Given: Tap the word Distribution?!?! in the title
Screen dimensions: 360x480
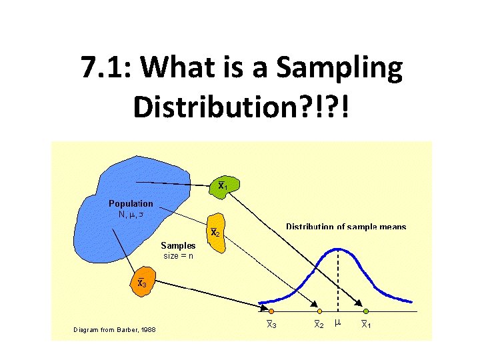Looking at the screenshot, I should point(240,107).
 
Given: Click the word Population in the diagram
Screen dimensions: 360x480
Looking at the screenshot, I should point(131,203).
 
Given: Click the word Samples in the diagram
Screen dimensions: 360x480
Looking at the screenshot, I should point(178,245).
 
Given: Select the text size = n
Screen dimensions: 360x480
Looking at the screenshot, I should point(178,255).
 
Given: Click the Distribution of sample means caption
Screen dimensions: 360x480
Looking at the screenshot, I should point(345,227).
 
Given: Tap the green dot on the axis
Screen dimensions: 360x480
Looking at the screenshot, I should point(366,311).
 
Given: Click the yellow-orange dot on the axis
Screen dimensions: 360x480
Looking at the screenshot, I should point(319,311).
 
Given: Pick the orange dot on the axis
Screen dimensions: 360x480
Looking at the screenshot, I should point(271,311).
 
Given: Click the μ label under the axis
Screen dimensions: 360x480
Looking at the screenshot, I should point(337,323).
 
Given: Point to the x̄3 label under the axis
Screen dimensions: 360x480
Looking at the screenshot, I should point(271,325).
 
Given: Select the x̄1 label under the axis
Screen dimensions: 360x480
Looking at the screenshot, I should point(366,325).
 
